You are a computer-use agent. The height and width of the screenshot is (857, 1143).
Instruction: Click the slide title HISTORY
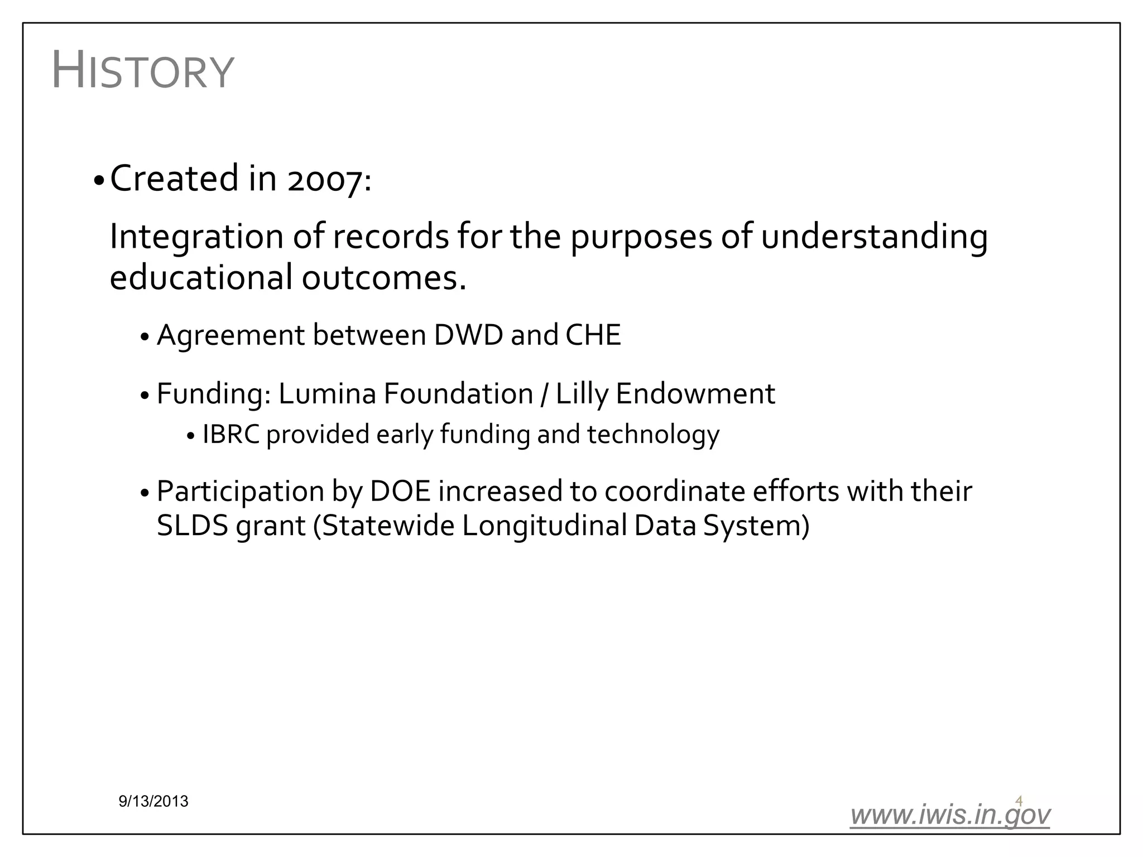(x=142, y=71)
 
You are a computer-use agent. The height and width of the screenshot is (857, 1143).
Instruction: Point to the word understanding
(x=874, y=237)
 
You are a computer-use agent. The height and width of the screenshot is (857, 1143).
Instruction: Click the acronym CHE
(x=593, y=335)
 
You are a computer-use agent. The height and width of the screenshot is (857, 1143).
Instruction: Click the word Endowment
(x=695, y=394)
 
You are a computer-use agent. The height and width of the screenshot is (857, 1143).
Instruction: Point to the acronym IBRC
(x=230, y=435)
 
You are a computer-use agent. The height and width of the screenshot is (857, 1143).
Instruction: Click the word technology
(x=653, y=435)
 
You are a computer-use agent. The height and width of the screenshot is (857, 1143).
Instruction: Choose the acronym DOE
(x=400, y=492)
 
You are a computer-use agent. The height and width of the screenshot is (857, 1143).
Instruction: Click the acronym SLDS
(x=193, y=526)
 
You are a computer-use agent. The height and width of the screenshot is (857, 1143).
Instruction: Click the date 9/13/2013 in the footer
(x=153, y=802)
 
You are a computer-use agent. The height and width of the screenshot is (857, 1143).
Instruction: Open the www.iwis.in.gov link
(x=949, y=815)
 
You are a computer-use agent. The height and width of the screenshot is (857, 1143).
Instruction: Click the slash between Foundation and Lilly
(x=544, y=394)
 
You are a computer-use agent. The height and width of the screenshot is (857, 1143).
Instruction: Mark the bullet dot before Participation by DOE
(x=145, y=494)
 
